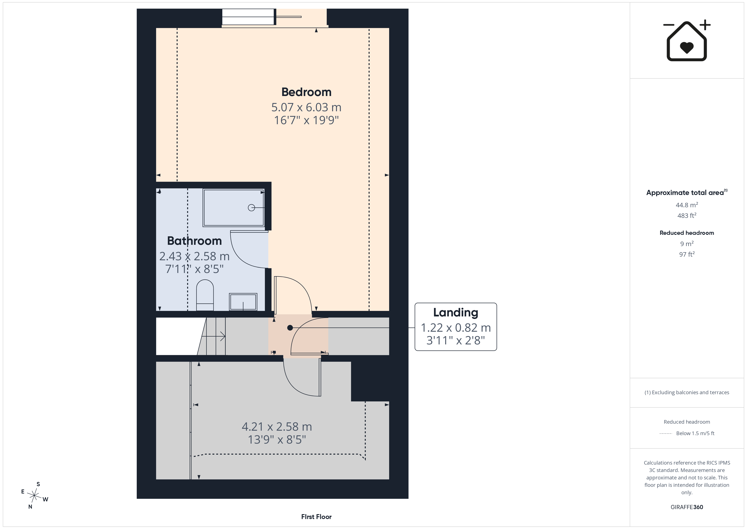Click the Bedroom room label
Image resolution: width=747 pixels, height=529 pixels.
(306, 92)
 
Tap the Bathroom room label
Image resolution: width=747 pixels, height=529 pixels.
(194, 241)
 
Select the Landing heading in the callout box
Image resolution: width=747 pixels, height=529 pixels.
(455, 313)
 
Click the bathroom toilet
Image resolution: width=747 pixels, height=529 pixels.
(205, 295)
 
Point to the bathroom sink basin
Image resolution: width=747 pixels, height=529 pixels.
(243, 302)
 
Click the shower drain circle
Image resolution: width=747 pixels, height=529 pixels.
(251, 207)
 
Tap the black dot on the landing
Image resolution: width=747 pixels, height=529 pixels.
(290, 328)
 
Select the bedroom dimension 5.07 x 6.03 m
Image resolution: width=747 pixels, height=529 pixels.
(306, 107)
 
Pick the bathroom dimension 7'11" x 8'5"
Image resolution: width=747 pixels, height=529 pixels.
(194, 269)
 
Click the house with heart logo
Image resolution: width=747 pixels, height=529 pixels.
(687, 41)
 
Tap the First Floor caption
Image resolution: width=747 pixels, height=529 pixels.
(316, 517)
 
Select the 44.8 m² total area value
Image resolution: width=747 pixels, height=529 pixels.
(687, 205)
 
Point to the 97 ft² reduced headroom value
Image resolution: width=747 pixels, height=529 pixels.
(687, 254)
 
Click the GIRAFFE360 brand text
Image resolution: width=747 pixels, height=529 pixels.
(687, 507)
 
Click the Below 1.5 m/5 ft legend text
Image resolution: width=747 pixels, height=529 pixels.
(695, 433)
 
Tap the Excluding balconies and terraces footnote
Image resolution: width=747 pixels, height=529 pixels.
(687, 392)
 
